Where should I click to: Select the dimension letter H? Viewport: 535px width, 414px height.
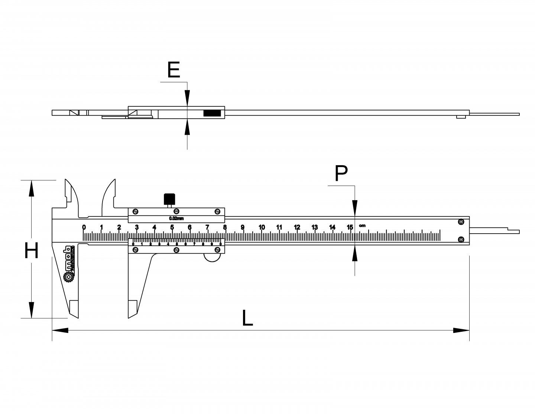(32, 250)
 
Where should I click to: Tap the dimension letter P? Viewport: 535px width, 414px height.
(341, 173)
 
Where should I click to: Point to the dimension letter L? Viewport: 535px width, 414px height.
(247, 318)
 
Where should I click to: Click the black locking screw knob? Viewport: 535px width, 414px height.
(169, 199)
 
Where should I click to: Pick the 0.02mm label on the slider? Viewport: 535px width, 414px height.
(176, 218)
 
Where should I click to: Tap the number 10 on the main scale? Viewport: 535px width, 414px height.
(262, 228)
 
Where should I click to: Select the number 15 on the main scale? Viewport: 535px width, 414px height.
(350, 228)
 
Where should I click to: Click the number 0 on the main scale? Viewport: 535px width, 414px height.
(84, 228)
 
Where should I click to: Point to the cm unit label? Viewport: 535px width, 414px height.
(362, 225)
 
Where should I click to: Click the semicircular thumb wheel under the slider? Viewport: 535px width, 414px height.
(213, 258)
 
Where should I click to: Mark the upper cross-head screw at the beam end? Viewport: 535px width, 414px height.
(461, 222)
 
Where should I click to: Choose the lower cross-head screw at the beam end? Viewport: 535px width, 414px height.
(461, 239)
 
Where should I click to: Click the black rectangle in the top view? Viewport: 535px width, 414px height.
(212, 113)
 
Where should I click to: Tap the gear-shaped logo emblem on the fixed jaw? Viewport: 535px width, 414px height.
(69, 277)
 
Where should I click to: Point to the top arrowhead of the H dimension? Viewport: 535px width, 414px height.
(32, 188)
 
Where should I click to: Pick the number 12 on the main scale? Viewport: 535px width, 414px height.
(297, 228)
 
